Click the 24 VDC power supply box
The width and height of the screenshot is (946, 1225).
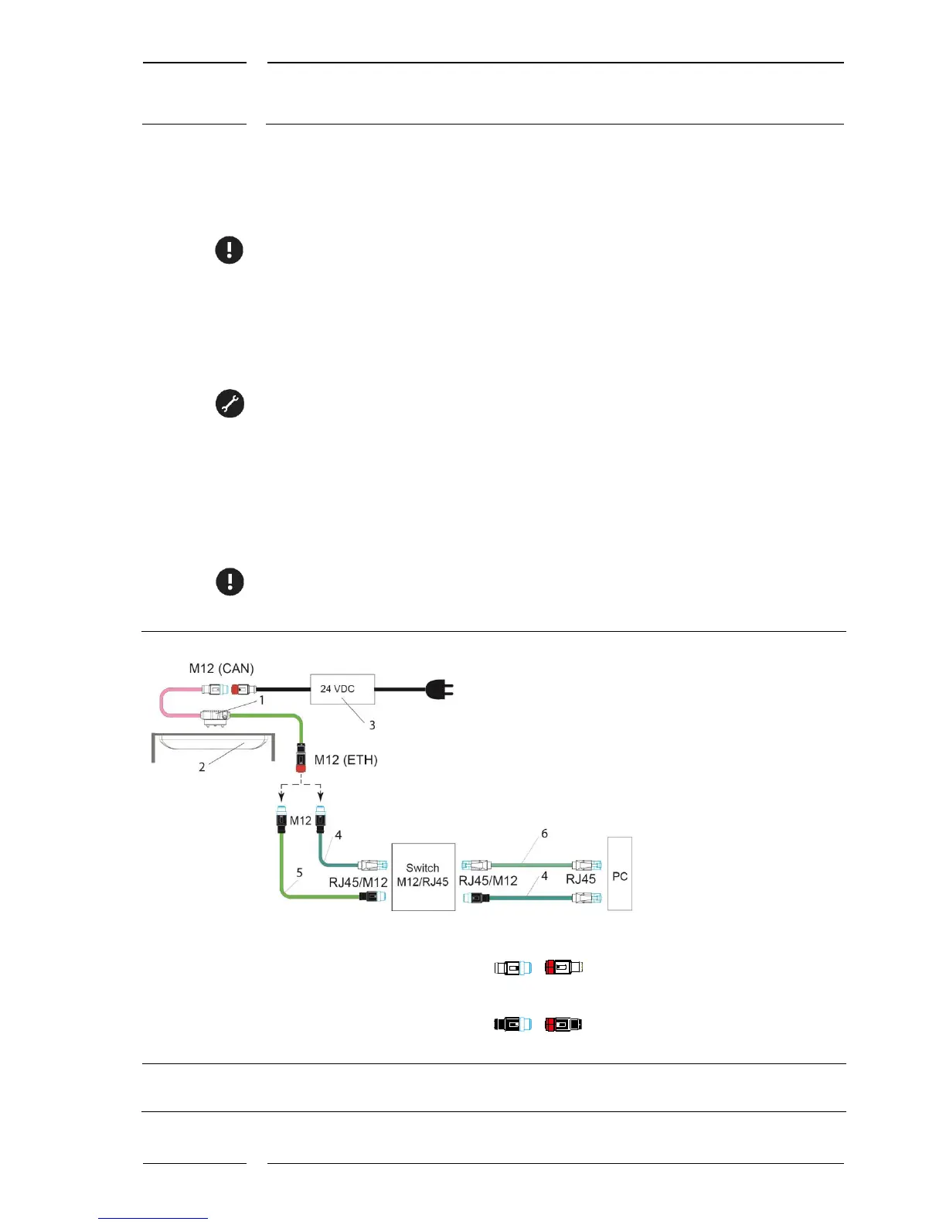tap(342, 688)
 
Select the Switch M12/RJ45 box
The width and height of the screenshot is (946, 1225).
tap(423, 875)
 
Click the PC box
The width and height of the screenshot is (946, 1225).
tap(620, 874)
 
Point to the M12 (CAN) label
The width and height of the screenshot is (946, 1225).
tap(221, 668)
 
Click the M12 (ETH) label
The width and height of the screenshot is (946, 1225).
tap(345, 759)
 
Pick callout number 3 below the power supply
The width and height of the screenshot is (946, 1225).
tap(372, 725)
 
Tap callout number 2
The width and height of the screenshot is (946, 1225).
tap(202, 767)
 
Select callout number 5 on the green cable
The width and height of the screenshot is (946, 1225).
tap(299, 872)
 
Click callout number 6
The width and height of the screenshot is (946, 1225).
tap(544, 834)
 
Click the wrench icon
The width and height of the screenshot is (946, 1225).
tap(230, 404)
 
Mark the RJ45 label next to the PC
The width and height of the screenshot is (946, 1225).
tap(580, 879)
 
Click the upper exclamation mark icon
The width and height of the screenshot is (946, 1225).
tap(229, 250)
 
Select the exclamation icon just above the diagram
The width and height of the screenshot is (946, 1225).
tap(230, 582)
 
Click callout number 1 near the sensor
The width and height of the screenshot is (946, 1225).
tap(261, 700)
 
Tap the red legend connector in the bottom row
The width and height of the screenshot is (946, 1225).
tap(563, 1025)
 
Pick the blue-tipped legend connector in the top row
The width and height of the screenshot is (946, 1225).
tap(513, 967)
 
